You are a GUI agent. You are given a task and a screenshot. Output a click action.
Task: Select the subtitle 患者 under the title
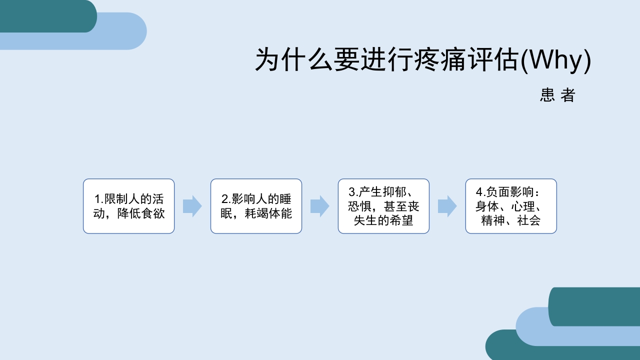tap(557, 95)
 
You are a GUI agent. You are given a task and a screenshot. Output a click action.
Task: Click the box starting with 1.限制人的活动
tap(128, 206)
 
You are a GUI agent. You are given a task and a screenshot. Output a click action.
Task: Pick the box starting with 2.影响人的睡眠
tap(256, 206)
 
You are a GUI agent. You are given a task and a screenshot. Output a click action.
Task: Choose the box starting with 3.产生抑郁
tap(383, 206)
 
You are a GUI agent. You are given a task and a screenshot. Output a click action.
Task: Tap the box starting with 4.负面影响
tap(511, 206)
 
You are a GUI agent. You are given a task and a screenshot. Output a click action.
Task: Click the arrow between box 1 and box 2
tap(192, 206)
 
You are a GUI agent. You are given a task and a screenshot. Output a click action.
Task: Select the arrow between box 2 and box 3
tap(319, 206)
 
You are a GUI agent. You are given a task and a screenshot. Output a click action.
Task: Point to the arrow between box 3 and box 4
tap(447, 206)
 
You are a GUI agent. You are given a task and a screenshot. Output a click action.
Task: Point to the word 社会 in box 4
tap(529, 220)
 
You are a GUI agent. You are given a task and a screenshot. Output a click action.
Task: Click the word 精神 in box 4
tap(493, 220)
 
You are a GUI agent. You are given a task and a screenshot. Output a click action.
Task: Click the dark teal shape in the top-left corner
tap(45, 15)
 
